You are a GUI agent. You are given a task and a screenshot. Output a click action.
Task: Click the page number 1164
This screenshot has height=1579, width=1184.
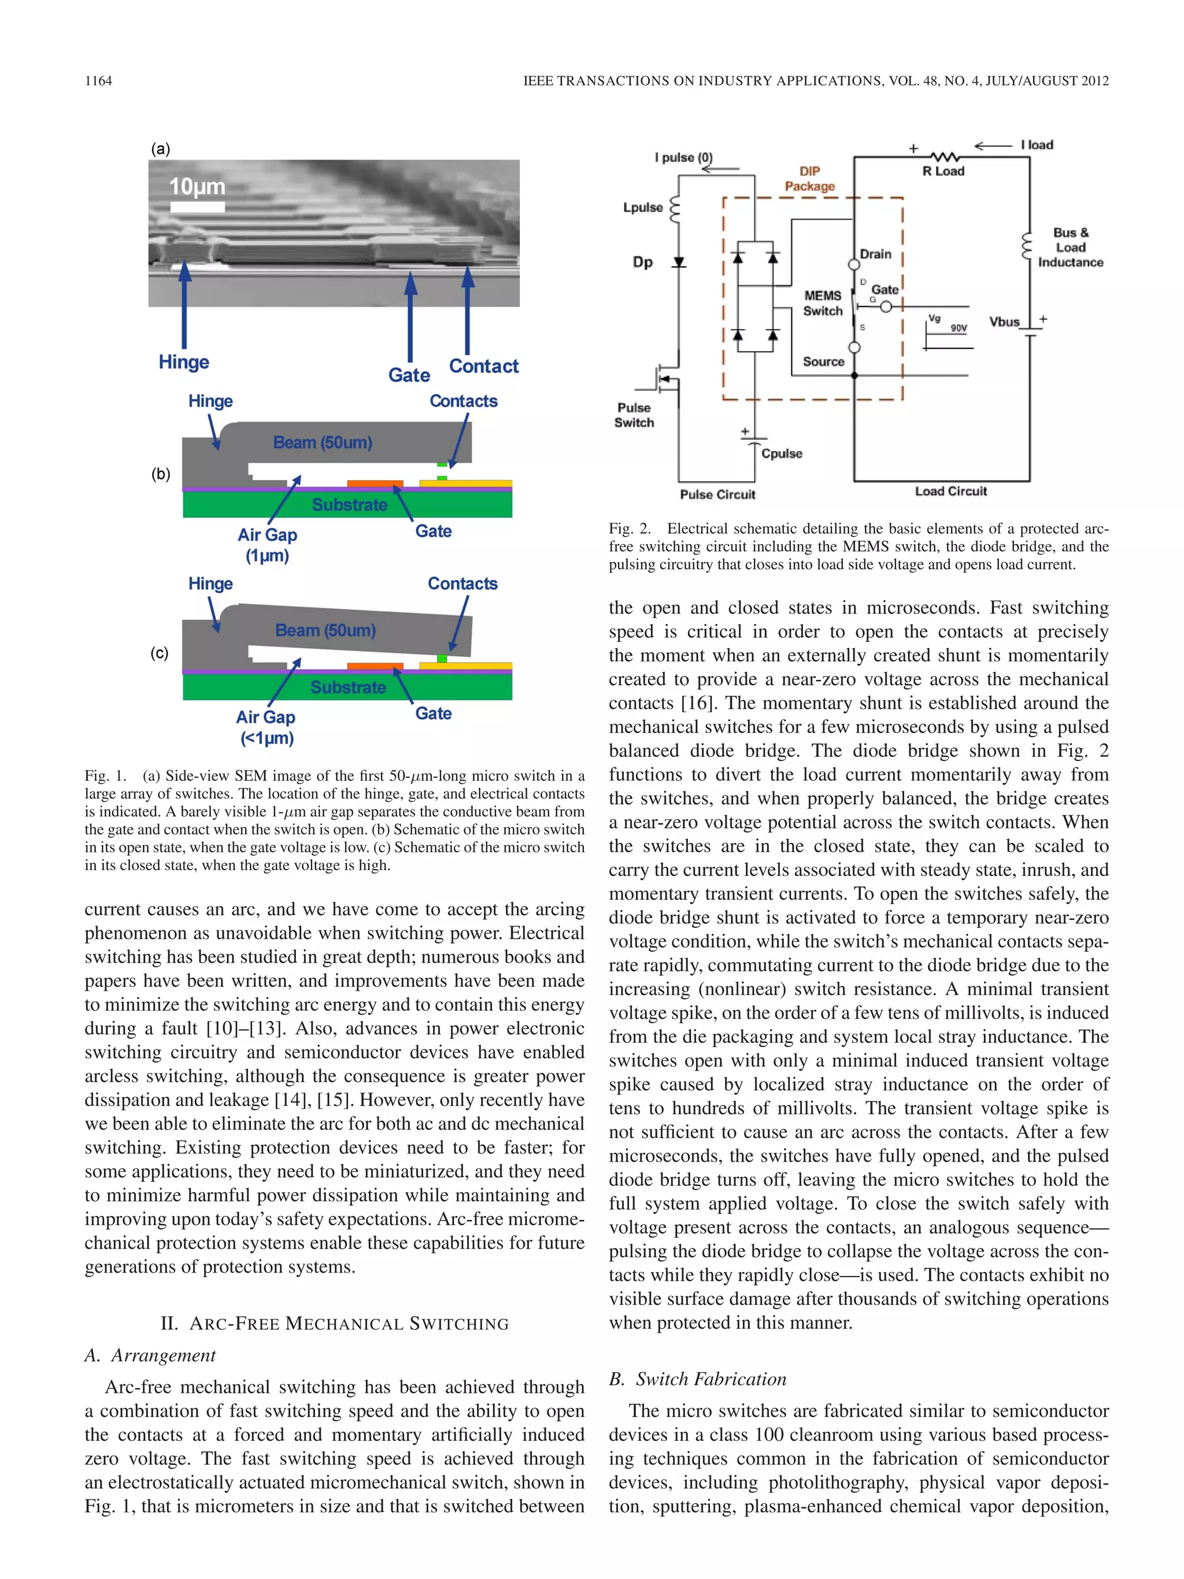pyautogui.click(x=98, y=81)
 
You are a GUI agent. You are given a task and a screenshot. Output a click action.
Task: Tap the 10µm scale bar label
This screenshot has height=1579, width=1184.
pyautogui.click(x=197, y=187)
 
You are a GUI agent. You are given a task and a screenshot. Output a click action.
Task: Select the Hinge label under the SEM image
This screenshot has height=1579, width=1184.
pyautogui.click(x=183, y=362)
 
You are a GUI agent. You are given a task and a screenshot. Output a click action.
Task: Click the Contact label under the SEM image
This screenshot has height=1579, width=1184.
pyautogui.click(x=483, y=366)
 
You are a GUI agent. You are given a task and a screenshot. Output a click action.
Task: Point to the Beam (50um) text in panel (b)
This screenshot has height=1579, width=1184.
pyautogui.click(x=323, y=442)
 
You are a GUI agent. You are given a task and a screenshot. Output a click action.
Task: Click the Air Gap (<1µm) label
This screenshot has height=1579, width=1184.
pyautogui.click(x=266, y=727)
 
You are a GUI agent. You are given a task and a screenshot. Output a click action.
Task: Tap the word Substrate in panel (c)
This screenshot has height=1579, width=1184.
pyautogui.click(x=348, y=687)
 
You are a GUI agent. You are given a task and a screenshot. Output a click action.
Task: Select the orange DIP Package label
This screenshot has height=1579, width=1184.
pyautogui.click(x=809, y=179)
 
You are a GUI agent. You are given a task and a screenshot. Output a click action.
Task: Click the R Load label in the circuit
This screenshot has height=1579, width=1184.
pyautogui.click(x=943, y=171)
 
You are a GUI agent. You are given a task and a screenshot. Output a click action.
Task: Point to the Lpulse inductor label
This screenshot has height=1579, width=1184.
pyautogui.click(x=642, y=208)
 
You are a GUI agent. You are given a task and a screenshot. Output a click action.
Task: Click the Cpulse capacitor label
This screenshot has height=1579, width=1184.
pyautogui.click(x=782, y=453)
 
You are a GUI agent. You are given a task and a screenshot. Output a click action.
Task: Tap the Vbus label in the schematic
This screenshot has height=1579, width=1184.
pyautogui.click(x=1004, y=322)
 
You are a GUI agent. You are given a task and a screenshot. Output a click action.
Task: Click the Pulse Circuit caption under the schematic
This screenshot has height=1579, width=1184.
pyautogui.click(x=717, y=494)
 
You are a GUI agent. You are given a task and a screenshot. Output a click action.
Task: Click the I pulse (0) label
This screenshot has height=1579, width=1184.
pyautogui.click(x=683, y=157)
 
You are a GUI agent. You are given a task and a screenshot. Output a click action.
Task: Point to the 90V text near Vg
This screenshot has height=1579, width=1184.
pyautogui.click(x=959, y=328)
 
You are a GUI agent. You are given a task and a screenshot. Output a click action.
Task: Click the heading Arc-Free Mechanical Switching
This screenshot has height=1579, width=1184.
pyautogui.click(x=335, y=1323)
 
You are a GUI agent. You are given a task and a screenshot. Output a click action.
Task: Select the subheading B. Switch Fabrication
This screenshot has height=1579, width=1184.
pyautogui.click(x=697, y=1378)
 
